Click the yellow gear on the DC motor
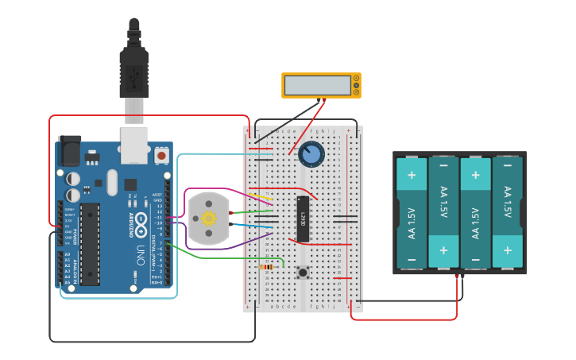pos(209,219)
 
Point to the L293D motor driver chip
pos(302,218)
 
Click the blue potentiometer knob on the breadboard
pos(311,154)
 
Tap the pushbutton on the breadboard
pos(303,273)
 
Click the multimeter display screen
pos(317,85)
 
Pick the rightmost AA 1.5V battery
pos(508,213)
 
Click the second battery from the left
pos(443,213)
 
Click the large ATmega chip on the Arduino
pos(90,243)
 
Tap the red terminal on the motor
pos(230,213)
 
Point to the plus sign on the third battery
pos(475,175)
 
